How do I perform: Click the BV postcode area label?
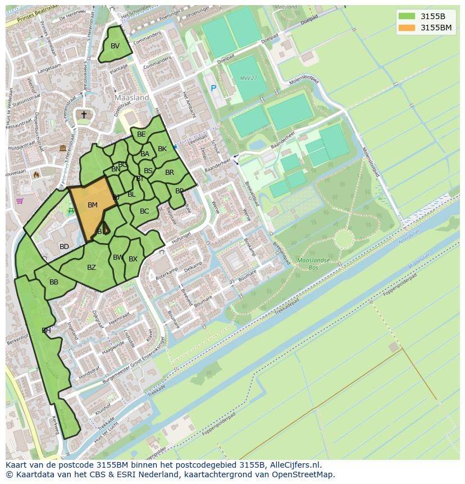115,46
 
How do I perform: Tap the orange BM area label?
93,205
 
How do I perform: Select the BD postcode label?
64,247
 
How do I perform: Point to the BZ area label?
92,268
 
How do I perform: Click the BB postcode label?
54,282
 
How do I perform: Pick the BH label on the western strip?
46,331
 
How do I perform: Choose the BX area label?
133,259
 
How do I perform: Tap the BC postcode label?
144,211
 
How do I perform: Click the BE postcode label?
142,134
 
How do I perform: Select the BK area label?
162,149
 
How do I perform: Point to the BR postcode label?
170,173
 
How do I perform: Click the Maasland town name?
131,97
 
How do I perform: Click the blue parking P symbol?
213,88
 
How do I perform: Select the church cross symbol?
84,115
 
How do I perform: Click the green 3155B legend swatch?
407,16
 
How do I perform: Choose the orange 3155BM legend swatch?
407,27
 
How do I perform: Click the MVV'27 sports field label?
247,78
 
